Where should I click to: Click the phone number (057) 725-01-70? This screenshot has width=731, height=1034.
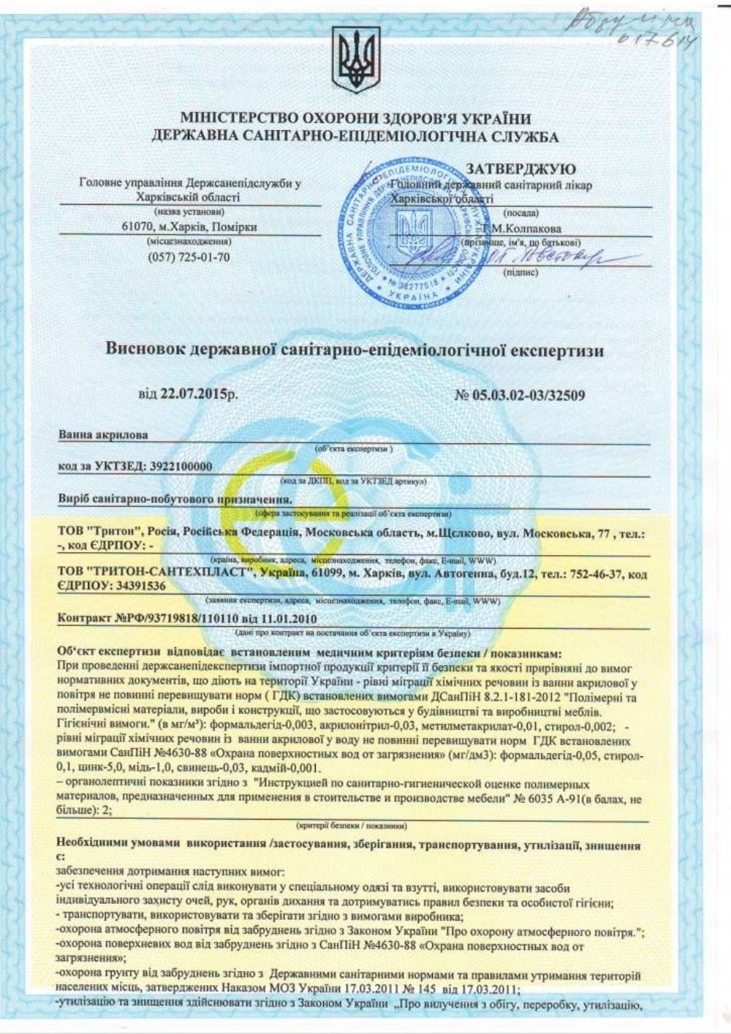pyautogui.click(x=189, y=257)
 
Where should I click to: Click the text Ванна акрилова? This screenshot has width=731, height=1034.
pyautogui.click(x=102, y=435)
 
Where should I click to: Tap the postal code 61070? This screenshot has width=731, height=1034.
pyautogui.click(x=137, y=227)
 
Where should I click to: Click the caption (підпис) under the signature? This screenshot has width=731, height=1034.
pyautogui.click(x=520, y=273)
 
